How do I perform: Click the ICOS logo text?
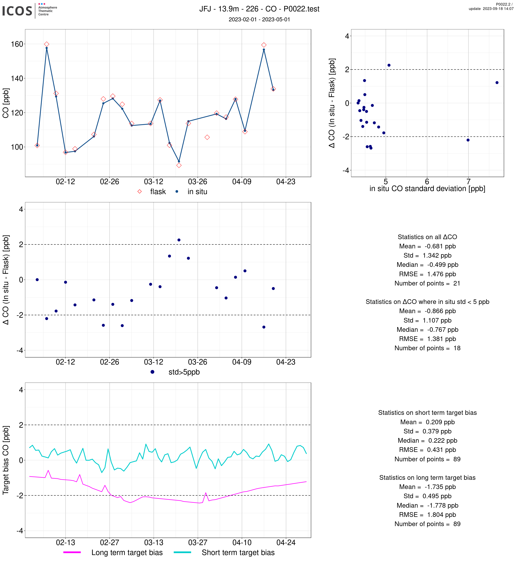[x=17, y=11]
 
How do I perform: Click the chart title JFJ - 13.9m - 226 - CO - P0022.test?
[x=259, y=9]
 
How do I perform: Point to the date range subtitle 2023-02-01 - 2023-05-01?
[x=259, y=19]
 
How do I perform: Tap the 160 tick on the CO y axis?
[x=17, y=44]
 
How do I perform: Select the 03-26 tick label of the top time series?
[x=197, y=182]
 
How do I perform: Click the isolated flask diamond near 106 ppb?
[x=207, y=137]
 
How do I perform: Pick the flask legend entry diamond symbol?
[x=140, y=192]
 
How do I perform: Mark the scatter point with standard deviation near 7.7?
[x=497, y=82]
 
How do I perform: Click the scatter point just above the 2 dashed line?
[x=389, y=65]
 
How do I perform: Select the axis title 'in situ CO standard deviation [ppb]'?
[x=427, y=189]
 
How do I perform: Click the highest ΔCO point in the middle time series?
[x=179, y=240]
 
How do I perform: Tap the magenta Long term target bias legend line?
[x=72, y=552]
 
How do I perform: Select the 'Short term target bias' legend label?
[x=238, y=553]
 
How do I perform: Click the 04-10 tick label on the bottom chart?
[x=242, y=543]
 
